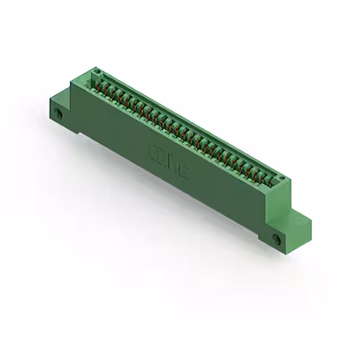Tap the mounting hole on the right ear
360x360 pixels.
pos(276,240)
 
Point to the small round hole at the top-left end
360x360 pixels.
pos(96,72)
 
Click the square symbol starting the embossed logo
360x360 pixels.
pos(152,151)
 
